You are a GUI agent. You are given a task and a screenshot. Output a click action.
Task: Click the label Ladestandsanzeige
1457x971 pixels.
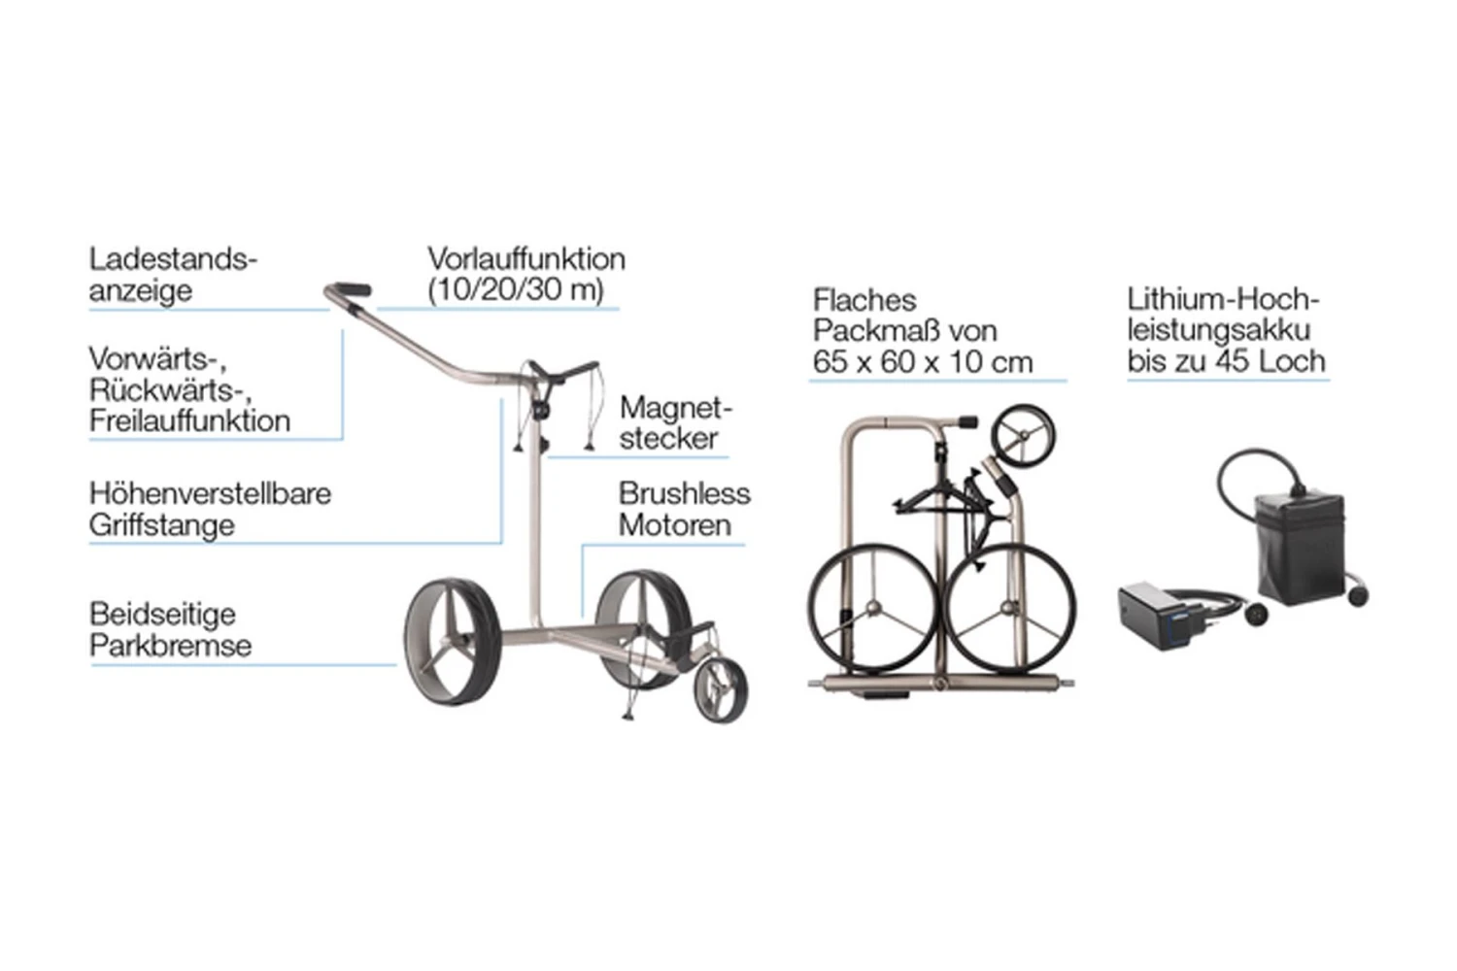pos(172,275)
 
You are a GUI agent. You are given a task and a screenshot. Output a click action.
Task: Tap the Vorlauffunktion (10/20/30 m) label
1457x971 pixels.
pos(525,275)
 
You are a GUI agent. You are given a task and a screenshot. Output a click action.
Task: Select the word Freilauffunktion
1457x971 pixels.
pos(189,421)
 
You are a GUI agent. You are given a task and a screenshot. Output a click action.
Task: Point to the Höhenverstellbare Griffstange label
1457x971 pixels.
pos(210,509)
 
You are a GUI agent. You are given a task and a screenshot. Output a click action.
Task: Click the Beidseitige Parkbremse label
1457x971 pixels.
pos(170,629)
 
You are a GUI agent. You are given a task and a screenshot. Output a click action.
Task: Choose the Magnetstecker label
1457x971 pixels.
pos(675,422)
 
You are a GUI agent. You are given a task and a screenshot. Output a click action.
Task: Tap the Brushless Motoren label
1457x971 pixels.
pos(684,509)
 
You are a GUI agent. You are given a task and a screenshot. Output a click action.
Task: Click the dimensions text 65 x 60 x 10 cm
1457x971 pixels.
pos(922,363)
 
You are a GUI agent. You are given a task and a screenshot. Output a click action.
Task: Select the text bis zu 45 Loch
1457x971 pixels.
pos(1226,362)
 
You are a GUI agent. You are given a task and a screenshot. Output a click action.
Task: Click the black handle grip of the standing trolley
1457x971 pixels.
pos(354,289)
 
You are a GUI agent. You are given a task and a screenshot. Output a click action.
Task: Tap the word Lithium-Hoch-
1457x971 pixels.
pos(1223,300)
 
